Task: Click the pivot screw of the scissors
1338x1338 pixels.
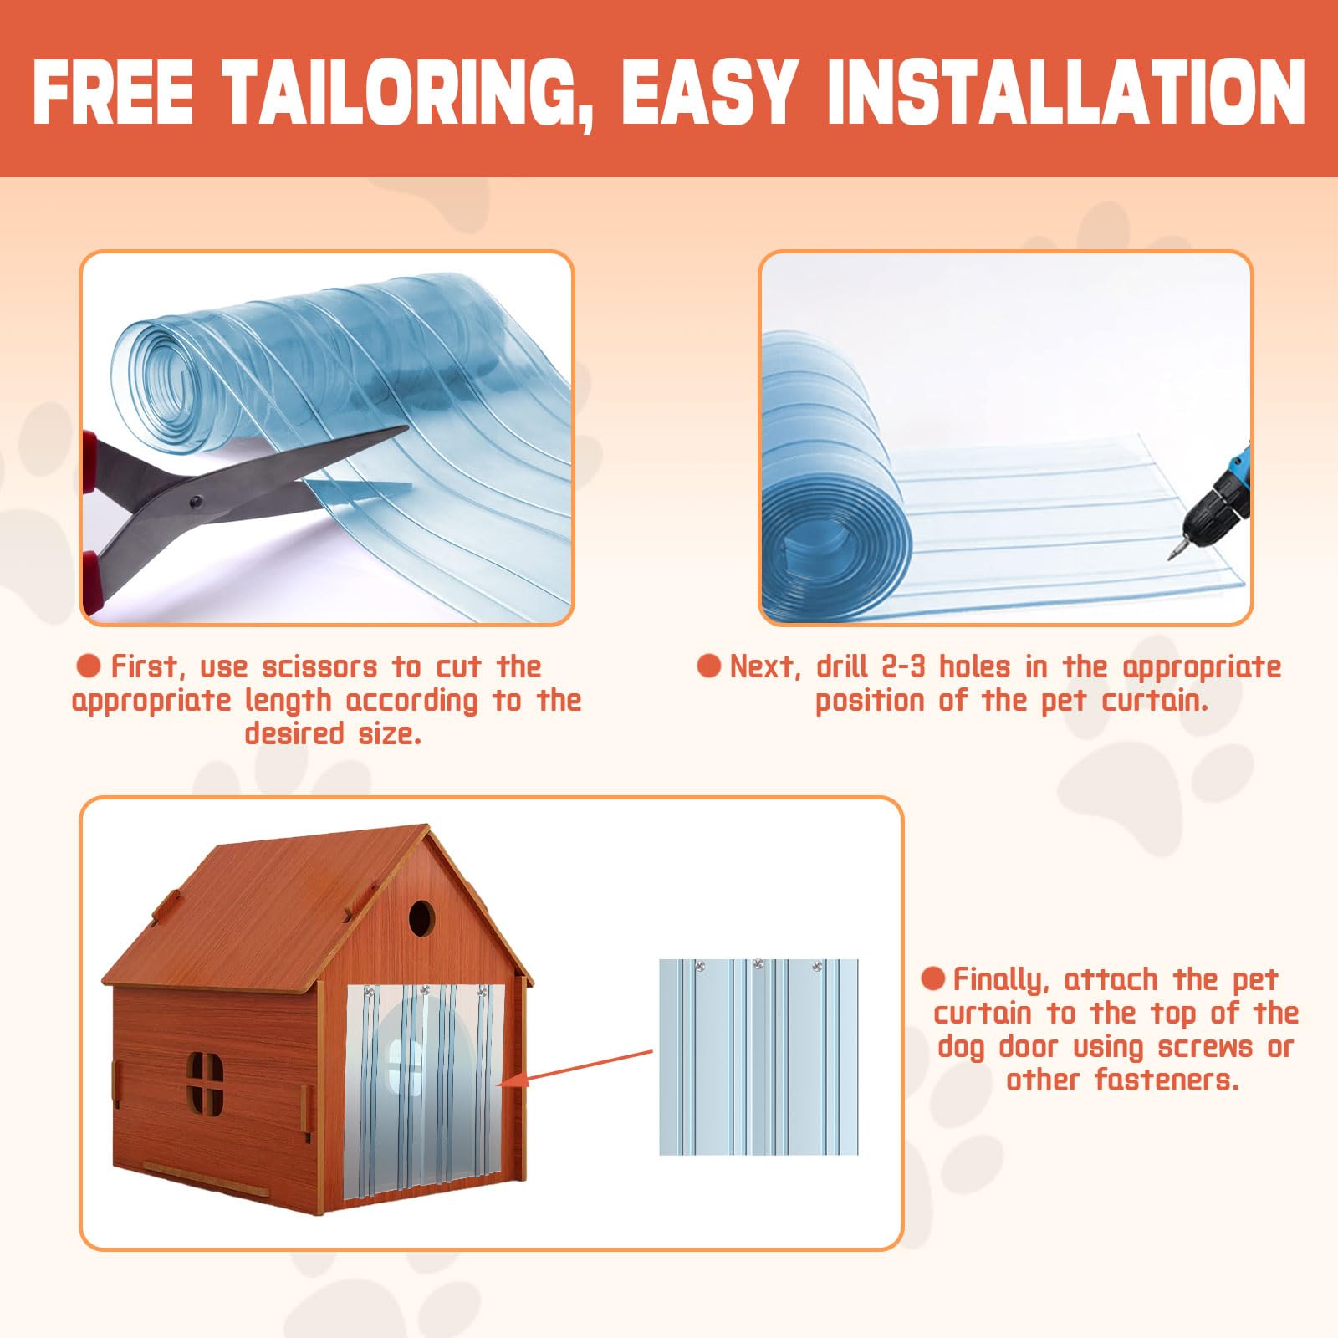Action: coord(197,502)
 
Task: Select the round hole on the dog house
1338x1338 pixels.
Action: coord(421,919)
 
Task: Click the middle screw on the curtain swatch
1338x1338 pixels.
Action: coord(758,965)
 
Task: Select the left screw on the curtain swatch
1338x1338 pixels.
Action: coord(700,967)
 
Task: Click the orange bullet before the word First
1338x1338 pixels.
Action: coord(89,666)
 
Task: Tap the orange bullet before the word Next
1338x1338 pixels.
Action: coord(709,666)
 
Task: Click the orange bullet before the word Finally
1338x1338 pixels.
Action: coord(933,978)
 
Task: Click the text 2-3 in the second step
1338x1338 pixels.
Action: coord(904,666)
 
